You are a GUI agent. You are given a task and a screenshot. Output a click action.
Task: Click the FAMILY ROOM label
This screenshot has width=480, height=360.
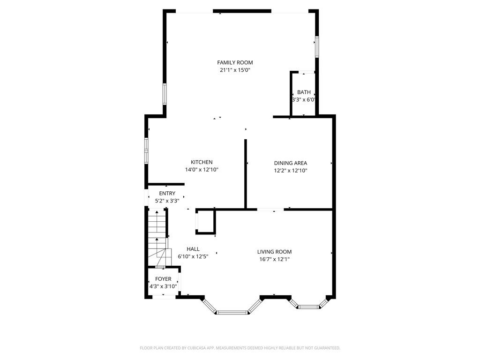pos(235,62)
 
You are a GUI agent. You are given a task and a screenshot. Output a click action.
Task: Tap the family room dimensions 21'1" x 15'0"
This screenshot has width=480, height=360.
pos(235,70)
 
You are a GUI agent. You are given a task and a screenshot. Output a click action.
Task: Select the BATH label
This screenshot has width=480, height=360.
pos(304,92)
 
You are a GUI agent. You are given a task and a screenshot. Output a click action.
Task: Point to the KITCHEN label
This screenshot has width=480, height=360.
pos(202,162)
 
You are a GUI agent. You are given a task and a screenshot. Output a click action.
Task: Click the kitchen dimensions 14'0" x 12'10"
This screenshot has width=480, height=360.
pos(202,170)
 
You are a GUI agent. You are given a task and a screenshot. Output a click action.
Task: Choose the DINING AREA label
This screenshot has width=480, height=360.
pos(291,163)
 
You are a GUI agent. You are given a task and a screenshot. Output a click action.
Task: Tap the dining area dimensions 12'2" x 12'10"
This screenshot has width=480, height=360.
pos(291,171)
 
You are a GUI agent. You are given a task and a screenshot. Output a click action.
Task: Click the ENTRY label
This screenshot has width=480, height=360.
pos(167,194)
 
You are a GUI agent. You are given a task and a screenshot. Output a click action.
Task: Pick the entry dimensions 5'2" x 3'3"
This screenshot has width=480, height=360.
pos(167,201)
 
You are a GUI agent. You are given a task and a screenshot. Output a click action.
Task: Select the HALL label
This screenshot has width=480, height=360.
pos(193,249)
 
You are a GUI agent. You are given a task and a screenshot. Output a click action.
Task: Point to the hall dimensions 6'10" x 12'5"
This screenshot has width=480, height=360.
pos(193,256)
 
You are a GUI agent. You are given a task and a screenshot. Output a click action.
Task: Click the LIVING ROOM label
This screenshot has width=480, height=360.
pos(274,252)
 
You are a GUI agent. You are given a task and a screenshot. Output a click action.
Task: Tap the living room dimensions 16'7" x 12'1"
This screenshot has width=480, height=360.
pos(274,259)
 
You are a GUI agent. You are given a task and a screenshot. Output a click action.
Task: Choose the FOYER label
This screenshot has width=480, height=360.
pos(163,279)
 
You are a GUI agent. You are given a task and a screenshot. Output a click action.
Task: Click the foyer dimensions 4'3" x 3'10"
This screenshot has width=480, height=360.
pos(163,286)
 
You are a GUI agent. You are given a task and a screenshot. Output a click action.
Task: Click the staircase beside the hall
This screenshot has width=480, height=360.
pos(157,238)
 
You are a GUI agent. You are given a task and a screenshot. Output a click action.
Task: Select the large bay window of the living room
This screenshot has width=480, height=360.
pos(232,307)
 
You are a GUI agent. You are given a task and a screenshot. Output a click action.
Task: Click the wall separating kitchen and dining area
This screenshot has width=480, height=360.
pos(246,174)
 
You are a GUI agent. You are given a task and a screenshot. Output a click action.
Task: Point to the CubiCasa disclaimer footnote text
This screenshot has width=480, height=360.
pos(240,348)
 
